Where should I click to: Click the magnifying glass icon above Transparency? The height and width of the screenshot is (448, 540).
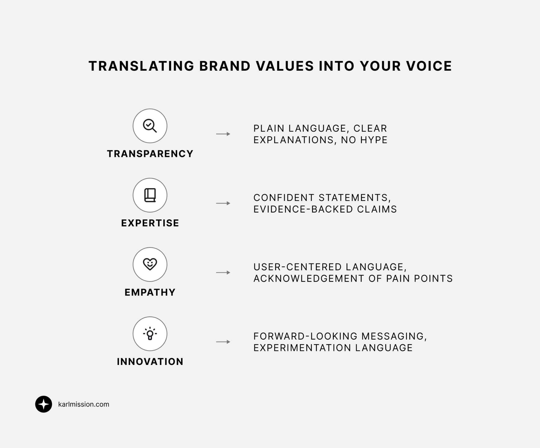tap(150, 126)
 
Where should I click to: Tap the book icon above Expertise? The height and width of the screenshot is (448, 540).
tap(150, 195)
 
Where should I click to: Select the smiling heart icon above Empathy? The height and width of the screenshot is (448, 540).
tap(150, 264)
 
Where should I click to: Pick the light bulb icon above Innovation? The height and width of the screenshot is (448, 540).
tap(150, 334)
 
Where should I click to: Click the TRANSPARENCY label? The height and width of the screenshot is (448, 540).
tap(150, 154)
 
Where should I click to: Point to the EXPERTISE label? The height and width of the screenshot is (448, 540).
tap(150, 223)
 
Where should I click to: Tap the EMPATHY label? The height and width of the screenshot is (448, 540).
tap(150, 292)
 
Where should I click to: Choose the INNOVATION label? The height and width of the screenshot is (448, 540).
tap(150, 362)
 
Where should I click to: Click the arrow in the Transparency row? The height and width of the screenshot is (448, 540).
tap(223, 134)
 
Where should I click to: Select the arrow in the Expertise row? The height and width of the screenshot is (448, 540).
tap(223, 203)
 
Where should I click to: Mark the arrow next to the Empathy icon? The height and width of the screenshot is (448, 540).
tap(223, 272)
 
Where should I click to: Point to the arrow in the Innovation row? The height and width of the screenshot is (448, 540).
tap(223, 342)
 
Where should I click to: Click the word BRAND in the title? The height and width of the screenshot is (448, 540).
tap(225, 66)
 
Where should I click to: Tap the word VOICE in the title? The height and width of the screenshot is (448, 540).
tap(429, 66)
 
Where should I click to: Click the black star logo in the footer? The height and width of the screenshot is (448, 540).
tap(44, 404)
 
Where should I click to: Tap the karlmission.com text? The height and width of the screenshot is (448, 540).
tap(84, 404)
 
